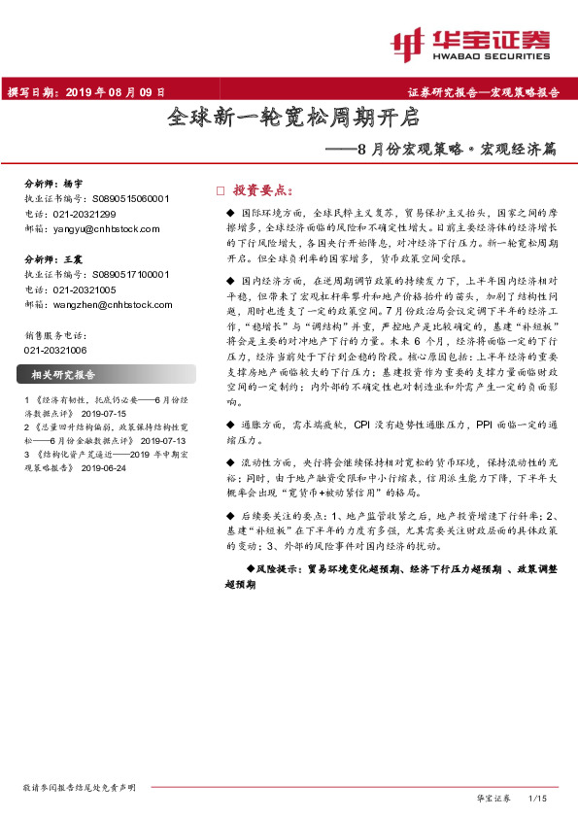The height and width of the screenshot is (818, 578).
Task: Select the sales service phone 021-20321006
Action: click(53, 350)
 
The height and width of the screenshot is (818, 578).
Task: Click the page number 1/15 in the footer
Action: click(537, 798)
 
